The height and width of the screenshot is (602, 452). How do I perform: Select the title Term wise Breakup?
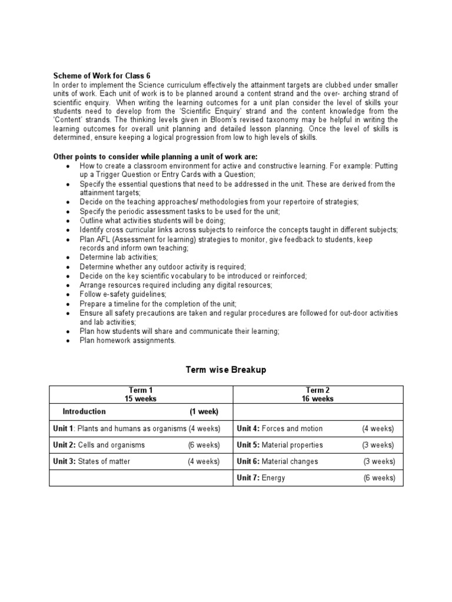(226, 369)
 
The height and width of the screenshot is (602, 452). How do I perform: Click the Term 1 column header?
(141, 390)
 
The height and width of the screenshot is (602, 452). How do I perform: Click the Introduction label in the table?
(85, 412)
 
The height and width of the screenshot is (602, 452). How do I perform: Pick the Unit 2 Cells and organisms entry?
(99, 445)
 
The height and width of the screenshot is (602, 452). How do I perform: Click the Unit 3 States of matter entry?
(92, 461)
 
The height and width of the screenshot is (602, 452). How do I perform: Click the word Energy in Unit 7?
(273, 478)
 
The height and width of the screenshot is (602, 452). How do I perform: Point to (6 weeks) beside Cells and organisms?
(204, 445)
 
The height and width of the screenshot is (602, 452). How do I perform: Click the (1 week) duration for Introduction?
(204, 412)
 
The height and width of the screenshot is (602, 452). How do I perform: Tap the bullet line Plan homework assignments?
(128, 340)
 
